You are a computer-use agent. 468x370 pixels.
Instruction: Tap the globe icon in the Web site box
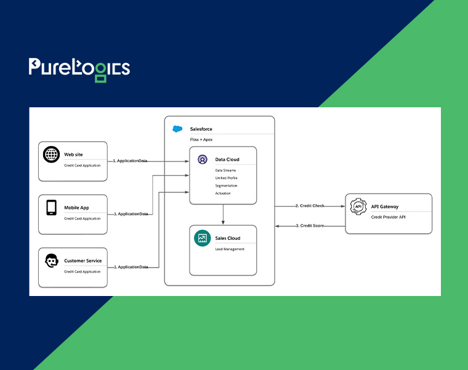click(x=51, y=154)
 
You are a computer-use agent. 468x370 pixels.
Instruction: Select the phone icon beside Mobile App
click(x=51, y=207)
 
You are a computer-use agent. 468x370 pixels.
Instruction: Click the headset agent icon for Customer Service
click(x=52, y=261)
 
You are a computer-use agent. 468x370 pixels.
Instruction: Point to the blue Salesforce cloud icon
click(x=177, y=129)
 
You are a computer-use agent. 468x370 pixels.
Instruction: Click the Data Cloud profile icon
click(x=203, y=159)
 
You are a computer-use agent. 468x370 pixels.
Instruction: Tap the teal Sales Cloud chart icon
click(x=203, y=238)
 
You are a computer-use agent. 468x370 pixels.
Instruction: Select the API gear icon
click(x=358, y=206)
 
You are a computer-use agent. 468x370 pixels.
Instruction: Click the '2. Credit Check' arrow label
click(x=310, y=205)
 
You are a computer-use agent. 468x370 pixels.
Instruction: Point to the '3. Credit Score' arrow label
click(x=310, y=226)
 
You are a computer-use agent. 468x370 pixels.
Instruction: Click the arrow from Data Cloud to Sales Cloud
click(x=223, y=215)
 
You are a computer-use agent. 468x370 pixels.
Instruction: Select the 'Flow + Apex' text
click(x=201, y=139)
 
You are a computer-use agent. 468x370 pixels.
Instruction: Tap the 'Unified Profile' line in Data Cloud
click(x=226, y=178)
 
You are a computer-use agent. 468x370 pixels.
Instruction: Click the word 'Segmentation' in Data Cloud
click(x=226, y=186)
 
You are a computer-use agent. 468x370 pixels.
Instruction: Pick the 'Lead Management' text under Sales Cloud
click(x=230, y=249)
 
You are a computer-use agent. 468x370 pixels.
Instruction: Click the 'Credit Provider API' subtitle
click(x=389, y=217)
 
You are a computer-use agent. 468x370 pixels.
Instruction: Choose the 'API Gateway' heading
click(x=385, y=207)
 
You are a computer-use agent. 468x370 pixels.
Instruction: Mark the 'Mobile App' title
click(x=76, y=208)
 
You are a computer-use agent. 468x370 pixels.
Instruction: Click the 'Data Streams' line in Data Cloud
click(x=225, y=170)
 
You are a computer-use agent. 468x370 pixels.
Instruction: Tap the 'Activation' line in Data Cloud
click(x=223, y=194)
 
